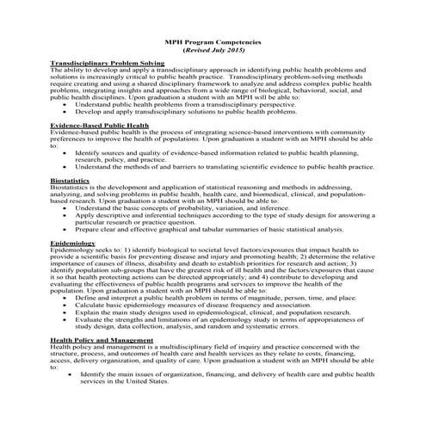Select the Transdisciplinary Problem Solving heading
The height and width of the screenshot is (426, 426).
(108, 64)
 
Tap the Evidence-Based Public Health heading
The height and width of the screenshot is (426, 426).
(99, 125)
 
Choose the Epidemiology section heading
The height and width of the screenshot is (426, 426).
(72, 244)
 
